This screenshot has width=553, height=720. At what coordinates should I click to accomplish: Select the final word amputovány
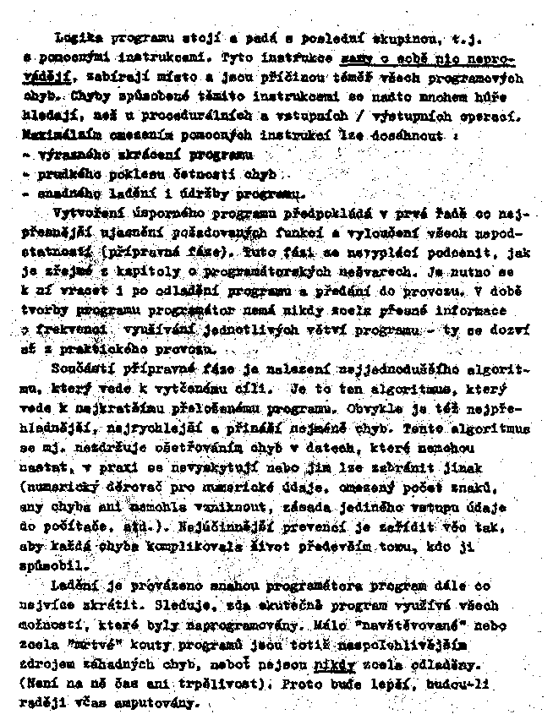(x=165, y=701)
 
